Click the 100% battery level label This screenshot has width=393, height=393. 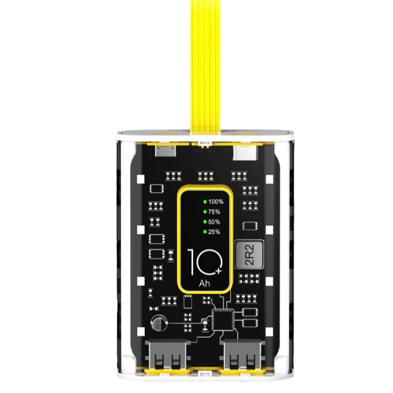216,202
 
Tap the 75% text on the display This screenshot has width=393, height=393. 214,212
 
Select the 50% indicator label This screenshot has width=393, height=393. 214,222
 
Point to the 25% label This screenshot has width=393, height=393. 214,232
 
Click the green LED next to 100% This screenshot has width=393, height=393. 204,202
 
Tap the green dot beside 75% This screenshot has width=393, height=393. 204,212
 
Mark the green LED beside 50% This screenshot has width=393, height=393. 204,222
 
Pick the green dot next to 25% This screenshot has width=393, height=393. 204,232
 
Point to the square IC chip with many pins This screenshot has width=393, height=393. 222,318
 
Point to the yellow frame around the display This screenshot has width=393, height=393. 179,241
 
